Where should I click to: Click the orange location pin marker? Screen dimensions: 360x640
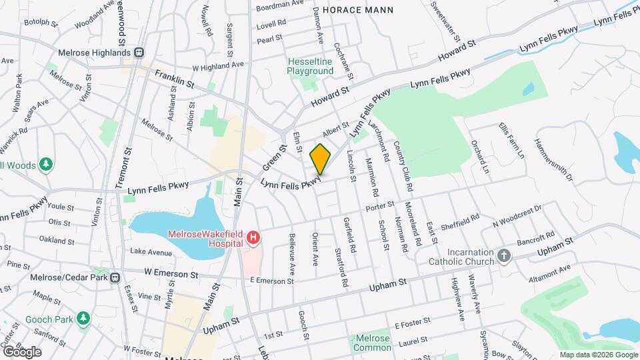pyautogui.click(x=321, y=159)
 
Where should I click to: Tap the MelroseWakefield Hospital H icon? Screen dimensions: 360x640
pyautogui.click(x=253, y=237)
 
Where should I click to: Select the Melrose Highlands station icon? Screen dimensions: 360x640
pyautogui.click(x=139, y=53)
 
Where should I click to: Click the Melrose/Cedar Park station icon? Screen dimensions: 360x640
pyautogui.click(x=115, y=277)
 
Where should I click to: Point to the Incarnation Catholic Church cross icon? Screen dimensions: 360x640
pyautogui.click(x=504, y=255)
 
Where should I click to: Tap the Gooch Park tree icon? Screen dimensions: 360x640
pyautogui.click(x=83, y=319)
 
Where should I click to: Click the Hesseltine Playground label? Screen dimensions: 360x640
pyautogui.click(x=310, y=66)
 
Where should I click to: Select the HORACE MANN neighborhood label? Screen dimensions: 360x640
pyautogui.click(x=358, y=10)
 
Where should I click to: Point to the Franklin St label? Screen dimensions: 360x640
pyautogui.click(x=174, y=79)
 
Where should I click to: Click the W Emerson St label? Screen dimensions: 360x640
pyautogui.click(x=171, y=274)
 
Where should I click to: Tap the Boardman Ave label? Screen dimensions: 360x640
pyautogui.click(x=280, y=4)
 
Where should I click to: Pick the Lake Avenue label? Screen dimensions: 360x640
pyautogui.click(x=151, y=252)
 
